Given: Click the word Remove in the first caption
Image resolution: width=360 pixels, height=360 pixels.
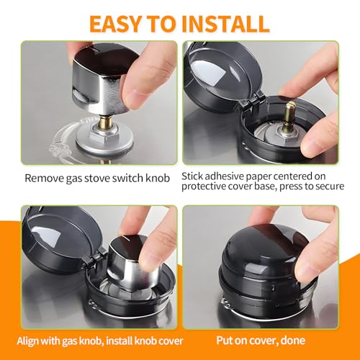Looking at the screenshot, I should [x=42, y=178].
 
